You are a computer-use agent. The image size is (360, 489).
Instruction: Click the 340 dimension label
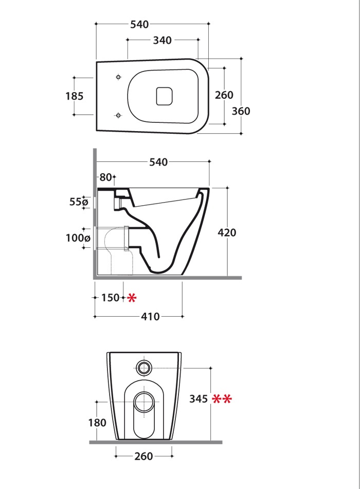162,40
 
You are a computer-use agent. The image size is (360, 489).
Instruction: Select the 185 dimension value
75,96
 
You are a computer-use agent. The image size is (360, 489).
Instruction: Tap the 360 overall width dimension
241,111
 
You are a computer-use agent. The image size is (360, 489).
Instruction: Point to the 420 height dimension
227,232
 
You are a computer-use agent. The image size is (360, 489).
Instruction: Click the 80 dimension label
106,177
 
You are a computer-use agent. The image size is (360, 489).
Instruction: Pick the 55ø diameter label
79,202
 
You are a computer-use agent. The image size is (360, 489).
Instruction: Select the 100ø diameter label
78,238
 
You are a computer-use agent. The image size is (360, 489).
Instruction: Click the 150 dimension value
111,298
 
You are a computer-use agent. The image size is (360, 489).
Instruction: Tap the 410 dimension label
150,317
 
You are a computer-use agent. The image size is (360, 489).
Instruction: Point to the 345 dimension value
199,399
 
